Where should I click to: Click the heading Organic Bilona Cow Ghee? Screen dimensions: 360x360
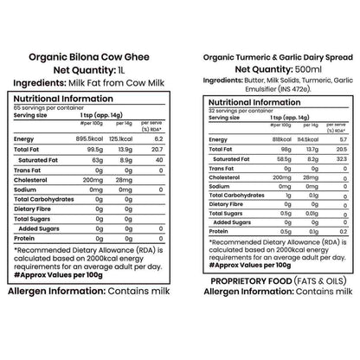(89, 61)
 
